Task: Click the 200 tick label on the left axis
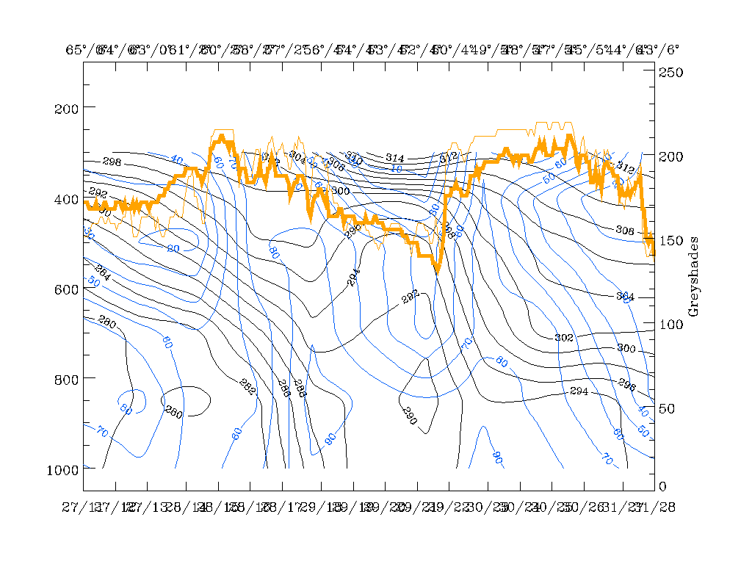click(x=66, y=108)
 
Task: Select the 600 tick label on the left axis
click(x=66, y=289)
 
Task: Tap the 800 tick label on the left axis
click(x=66, y=378)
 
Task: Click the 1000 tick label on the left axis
click(x=63, y=469)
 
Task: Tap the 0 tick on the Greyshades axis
click(x=662, y=486)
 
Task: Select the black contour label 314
click(x=395, y=158)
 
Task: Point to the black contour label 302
click(x=563, y=337)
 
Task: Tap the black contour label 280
click(x=107, y=323)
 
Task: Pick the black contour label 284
click(x=103, y=270)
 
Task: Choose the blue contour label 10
click(x=396, y=168)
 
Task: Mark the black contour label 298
click(x=112, y=162)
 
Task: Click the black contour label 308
click(x=624, y=231)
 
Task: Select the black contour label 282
click(x=410, y=295)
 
